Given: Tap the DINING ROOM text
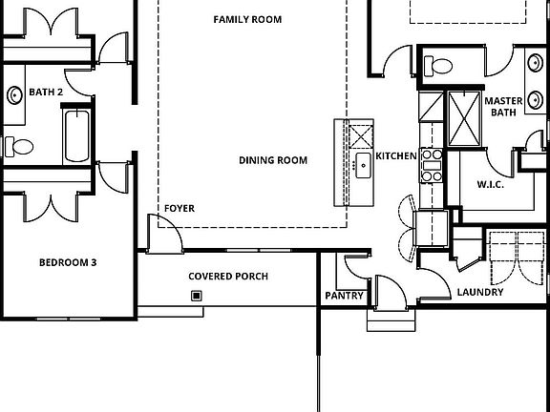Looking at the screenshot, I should tap(273, 160).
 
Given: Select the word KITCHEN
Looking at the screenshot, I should tap(395, 155).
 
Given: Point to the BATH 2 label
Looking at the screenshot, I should tap(45, 92).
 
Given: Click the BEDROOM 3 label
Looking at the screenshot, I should tap(68, 262).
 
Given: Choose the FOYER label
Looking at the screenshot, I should tap(180, 208).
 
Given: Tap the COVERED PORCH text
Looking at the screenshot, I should tap(227, 277).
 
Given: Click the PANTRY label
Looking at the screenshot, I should tap(345, 296).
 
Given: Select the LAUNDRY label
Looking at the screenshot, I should tap(479, 292).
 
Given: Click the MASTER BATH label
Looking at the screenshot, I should tap(502, 106).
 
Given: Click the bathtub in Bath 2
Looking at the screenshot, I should tap(76, 135).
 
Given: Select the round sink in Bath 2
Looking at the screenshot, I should tap(15, 95).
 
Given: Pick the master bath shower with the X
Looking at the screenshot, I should tap(464, 119).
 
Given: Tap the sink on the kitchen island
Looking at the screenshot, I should tap(363, 164).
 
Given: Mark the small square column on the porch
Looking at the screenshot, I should tap(197, 296).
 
